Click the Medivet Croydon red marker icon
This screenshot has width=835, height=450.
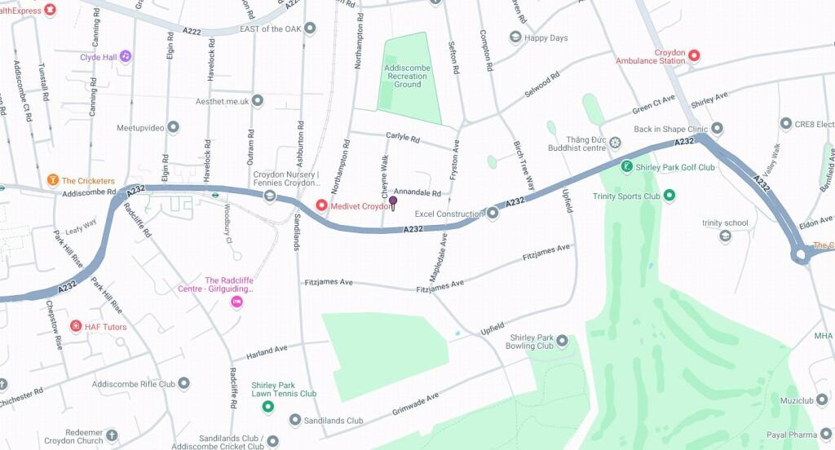click(x=322, y=205)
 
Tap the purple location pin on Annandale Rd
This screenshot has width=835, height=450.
click(x=393, y=201)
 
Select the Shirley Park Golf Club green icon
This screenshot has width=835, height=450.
click(x=626, y=167)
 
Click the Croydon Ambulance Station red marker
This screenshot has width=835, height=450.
click(x=694, y=56)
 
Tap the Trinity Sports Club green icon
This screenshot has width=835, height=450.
click(x=669, y=196)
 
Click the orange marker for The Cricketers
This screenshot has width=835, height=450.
click(x=53, y=180)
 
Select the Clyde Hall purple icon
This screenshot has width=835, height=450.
click(x=125, y=57)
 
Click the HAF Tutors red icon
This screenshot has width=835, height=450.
click(x=76, y=326)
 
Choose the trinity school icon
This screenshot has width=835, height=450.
click(x=725, y=236)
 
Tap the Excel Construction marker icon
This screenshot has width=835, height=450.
click(x=493, y=214)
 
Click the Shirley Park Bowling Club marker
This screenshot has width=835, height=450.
click(x=562, y=342)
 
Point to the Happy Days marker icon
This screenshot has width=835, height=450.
click(x=515, y=37)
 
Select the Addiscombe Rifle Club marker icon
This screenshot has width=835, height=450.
click(x=184, y=383)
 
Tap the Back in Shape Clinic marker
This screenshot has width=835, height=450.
click(x=717, y=129)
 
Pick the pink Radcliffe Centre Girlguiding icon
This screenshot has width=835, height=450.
click(x=237, y=302)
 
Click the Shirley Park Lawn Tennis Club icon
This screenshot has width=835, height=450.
click(x=267, y=407)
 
